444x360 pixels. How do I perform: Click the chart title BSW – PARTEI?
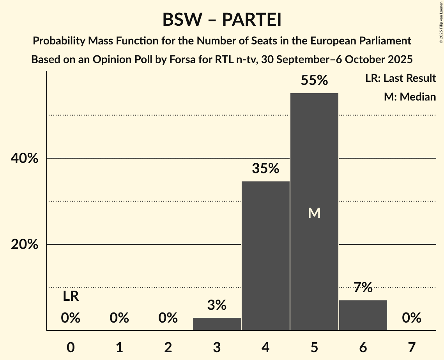222,19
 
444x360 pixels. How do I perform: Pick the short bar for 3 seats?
217,324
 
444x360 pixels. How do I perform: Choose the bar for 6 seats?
363,315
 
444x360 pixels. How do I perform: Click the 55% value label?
314,80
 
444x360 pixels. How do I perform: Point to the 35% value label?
265,168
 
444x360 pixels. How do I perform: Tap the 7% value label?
363,288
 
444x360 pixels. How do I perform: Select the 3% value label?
217,305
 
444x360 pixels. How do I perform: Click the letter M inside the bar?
314,213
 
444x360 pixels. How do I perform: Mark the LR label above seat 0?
71,296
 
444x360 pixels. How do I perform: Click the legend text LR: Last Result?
400,78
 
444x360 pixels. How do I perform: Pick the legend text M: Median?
410,97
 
